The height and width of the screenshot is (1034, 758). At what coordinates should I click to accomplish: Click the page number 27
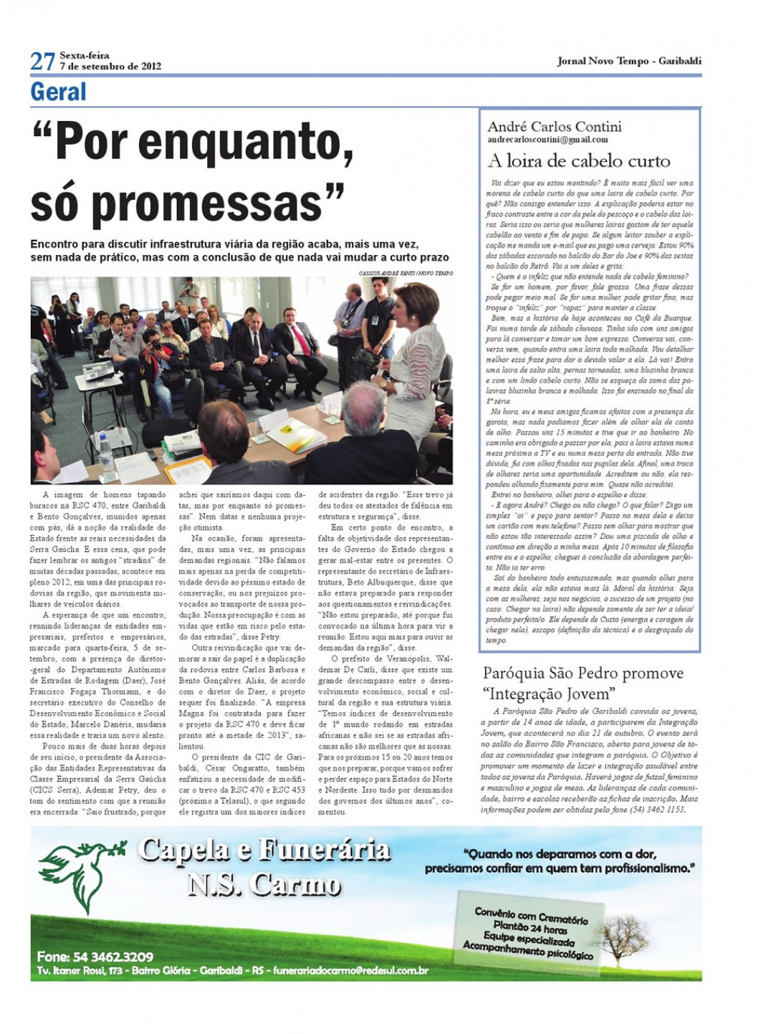click(42, 62)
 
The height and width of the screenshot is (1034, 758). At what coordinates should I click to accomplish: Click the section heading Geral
click(58, 92)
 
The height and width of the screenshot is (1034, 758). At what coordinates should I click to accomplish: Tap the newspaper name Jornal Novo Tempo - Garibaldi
click(628, 61)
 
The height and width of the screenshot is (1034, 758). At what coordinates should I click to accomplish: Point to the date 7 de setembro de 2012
click(110, 67)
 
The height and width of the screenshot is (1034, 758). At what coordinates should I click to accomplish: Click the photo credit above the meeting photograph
click(406, 273)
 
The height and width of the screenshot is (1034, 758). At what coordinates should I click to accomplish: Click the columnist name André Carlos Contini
click(554, 127)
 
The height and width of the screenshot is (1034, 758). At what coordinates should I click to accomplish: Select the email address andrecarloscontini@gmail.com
click(547, 140)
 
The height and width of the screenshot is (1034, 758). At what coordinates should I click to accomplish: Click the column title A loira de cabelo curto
click(579, 161)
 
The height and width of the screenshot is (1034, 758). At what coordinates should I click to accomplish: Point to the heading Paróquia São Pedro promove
click(582, 673)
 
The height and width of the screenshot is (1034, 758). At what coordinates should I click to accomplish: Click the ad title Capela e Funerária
click(264, 851)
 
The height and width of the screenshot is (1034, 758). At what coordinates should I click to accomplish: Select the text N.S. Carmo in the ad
click(264, 885)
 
